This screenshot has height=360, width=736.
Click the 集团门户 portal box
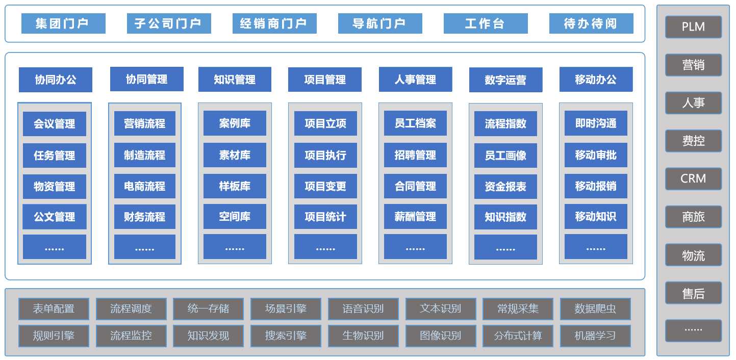click(63, 23)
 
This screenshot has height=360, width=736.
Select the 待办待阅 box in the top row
click(591, 23)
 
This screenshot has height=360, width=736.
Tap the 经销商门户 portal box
click(274, 23)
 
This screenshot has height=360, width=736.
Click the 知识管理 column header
click(235, 80)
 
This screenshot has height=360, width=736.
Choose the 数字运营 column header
click(505, 80)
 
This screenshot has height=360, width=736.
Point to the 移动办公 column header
click(596, 80)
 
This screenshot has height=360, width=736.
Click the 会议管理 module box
click(55, 124)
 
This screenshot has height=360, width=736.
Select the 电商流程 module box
click(144, 187)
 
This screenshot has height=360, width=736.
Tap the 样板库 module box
click(235, 186)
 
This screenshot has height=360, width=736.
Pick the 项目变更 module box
click(325, 186)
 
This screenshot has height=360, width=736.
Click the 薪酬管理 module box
click(415, 217)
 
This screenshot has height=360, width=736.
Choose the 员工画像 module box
click(505, 155)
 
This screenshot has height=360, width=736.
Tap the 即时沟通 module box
click(596, 123)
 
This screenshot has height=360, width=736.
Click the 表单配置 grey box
click(54, 309)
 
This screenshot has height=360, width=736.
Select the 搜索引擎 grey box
click(286, 336)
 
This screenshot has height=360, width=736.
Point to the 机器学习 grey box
click(595, 336)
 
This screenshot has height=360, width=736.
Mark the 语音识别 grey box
click(363, 309)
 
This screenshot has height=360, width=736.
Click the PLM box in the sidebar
click(693, 27)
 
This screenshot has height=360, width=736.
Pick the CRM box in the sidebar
click(693, 179)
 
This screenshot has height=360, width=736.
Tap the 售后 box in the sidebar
click(693, 293)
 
